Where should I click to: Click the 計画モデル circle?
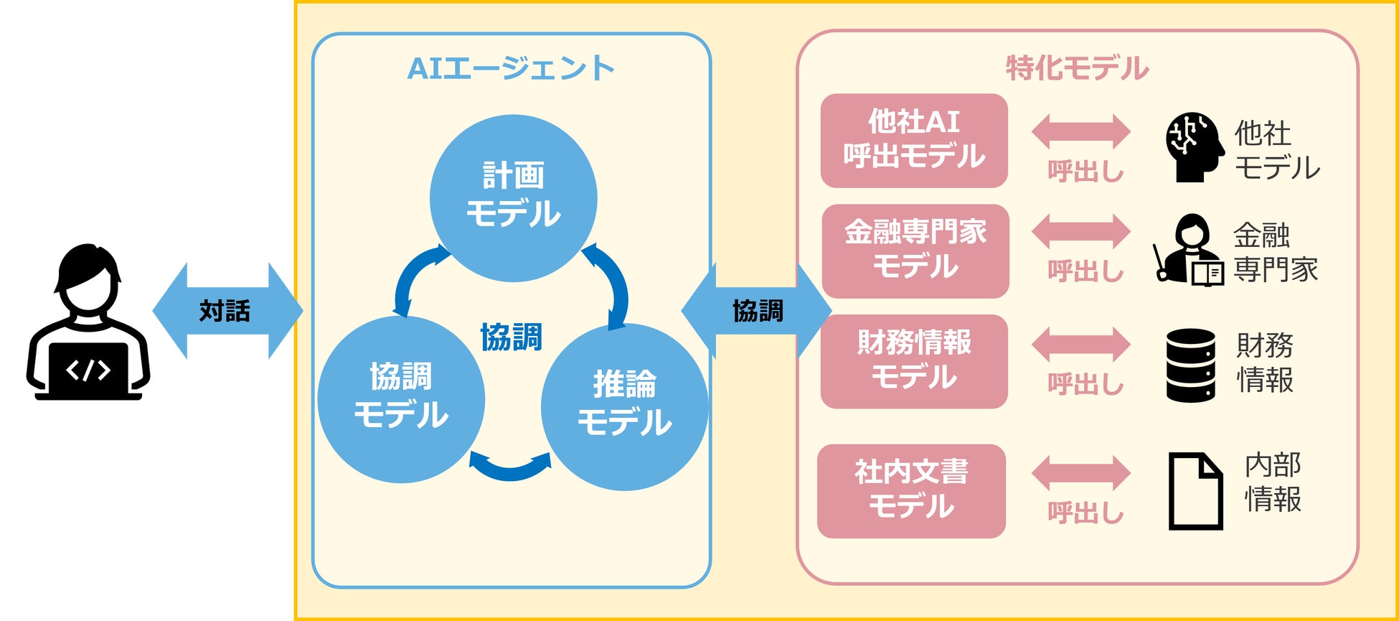(x=513, y=197)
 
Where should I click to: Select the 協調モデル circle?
(x=401, y=399)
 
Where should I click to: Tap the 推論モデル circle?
(x=624, y=406)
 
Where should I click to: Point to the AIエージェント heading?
(x=511, y=69)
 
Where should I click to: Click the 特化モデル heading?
(x=1077, y=69)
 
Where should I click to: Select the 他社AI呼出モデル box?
(x=914, y=141)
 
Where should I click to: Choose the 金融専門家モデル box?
(x=915, y=251)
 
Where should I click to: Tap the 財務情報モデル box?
(x=914, y=361)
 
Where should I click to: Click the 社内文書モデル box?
(x=911, y=491)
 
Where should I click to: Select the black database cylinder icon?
(x=1190, y=365)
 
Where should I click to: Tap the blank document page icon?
(x=1195, y=491)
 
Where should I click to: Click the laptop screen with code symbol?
(x=88, y=370)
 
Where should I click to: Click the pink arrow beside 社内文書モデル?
(x=1080, y=473)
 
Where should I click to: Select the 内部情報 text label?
(x=1273, y=482)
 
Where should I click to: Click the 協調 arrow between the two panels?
(x=756, y=311)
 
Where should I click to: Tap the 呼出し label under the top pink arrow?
(x=1085, y=171)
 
